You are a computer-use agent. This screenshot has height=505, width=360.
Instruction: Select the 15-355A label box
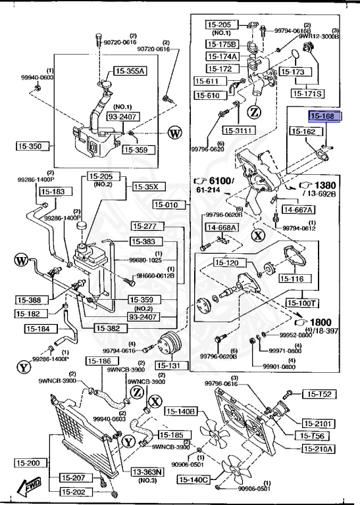click(130, 70)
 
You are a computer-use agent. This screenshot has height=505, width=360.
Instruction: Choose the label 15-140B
click(180, 412)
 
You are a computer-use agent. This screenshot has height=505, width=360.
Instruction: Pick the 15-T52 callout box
click(319, 395)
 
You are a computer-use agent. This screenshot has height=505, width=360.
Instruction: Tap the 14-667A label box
click(298, 210)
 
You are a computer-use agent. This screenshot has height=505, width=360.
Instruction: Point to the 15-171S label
click(308, 93)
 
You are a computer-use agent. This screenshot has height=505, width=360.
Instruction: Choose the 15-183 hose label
click(53, 191)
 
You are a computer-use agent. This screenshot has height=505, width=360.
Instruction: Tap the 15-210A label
click(319, 449)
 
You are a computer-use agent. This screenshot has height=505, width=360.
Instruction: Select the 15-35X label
click(147, 187)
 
